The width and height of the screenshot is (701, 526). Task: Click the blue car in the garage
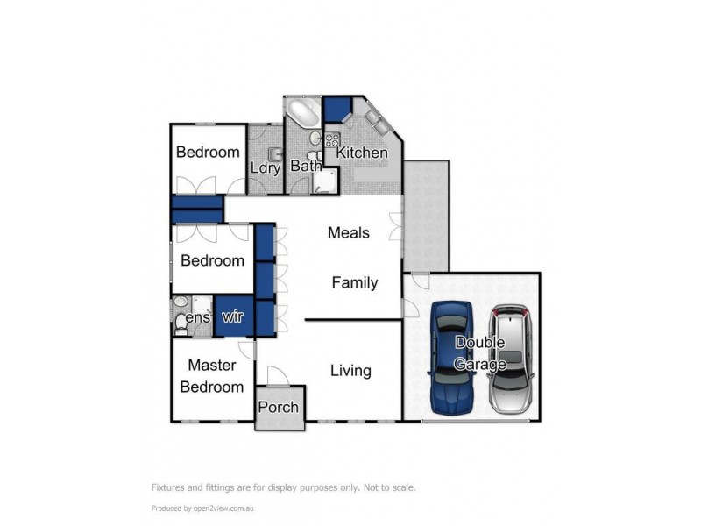(x=453, y=358)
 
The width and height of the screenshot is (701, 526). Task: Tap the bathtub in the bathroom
(x=304, y=115)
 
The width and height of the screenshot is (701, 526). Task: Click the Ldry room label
(x=265, y=167)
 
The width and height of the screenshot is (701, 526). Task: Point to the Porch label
(x=279, y=408)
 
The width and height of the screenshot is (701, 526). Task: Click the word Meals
(x=348, y=233)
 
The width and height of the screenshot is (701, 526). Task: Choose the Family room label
(x=354, y=282)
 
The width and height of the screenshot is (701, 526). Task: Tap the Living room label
(x=350, y=371)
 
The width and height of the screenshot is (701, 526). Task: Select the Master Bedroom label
(x=211, y=376)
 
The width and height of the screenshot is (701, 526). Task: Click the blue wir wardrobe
(x=232, y=317)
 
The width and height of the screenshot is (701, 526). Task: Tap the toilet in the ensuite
(x=181, y=325)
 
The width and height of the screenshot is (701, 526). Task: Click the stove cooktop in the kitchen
(x=333, y=139)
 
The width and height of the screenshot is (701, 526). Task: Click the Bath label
(x=306, y=166)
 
